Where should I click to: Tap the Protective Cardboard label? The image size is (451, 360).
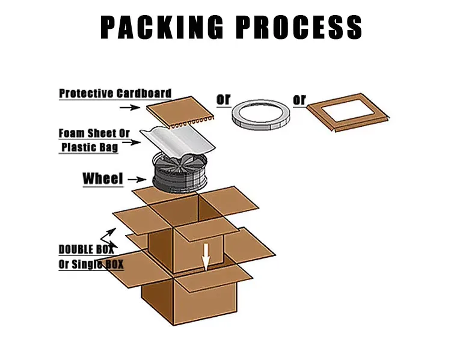click(115, 94)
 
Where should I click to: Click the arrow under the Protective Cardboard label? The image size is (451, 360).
click(130, 107)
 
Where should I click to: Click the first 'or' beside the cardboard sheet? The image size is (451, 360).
click(223, 99)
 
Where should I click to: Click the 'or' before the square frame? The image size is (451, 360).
click(299, 99)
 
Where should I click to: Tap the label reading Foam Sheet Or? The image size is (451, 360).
click(94, 133)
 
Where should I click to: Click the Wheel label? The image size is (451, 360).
click(102, 178)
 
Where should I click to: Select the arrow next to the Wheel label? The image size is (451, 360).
click(138, 178)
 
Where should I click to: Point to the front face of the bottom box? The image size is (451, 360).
click(156, 304)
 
